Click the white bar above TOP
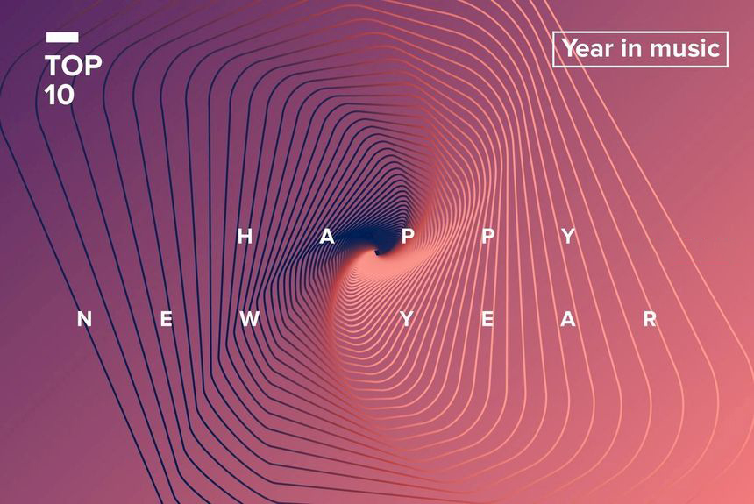62,37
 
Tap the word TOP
73,66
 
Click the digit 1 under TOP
49,95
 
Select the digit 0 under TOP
65,95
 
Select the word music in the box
685,48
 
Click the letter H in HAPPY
245,236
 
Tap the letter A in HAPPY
327,236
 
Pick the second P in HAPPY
488,236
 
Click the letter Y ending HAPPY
568,236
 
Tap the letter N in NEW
85,319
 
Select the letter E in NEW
167,319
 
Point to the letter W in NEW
250,319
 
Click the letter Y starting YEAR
407,319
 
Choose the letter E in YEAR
487,319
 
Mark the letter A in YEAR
568,319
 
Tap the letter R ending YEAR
651,319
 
